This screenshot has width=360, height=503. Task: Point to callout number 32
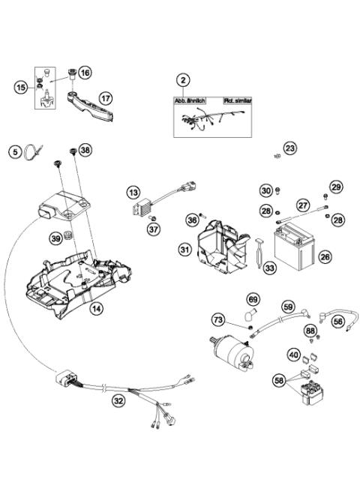point(118,401)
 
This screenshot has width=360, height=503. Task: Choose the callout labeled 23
point(290,148)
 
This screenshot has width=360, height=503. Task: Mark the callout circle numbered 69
point(253,300)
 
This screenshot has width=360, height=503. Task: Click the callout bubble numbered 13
point(133,193)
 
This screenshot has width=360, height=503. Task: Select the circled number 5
point(14,151)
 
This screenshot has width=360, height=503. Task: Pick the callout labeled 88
point(310,331)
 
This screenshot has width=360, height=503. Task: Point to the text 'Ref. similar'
point(239,100)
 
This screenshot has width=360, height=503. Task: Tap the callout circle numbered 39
point(56,238)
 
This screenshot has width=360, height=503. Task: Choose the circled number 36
point(193,220)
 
